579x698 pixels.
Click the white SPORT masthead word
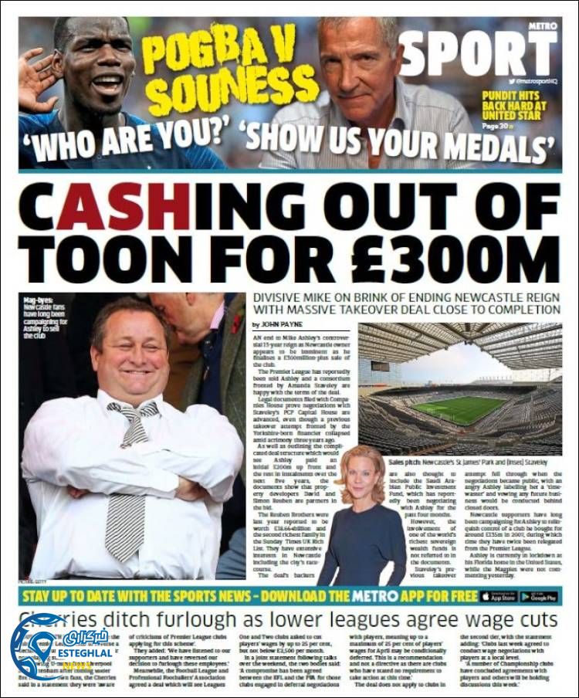coord(479,54)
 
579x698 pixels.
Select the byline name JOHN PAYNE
coord(286,325)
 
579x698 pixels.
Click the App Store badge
coord(496,597)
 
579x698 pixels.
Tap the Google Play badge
coord(538,597)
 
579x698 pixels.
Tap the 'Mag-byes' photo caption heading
coord(39,300)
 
